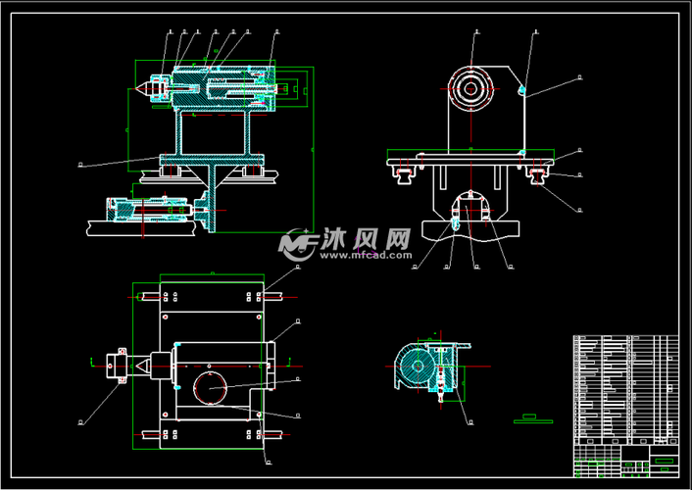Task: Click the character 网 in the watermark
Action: point(397,239)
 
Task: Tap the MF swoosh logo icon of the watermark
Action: point(296,244)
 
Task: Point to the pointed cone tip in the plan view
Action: point(142,364)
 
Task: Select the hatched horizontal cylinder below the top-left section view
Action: point(147,209)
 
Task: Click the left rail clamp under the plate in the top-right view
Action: point(402,174)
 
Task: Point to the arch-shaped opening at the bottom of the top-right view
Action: point(470,208)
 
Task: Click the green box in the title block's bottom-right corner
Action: point(664,461)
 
